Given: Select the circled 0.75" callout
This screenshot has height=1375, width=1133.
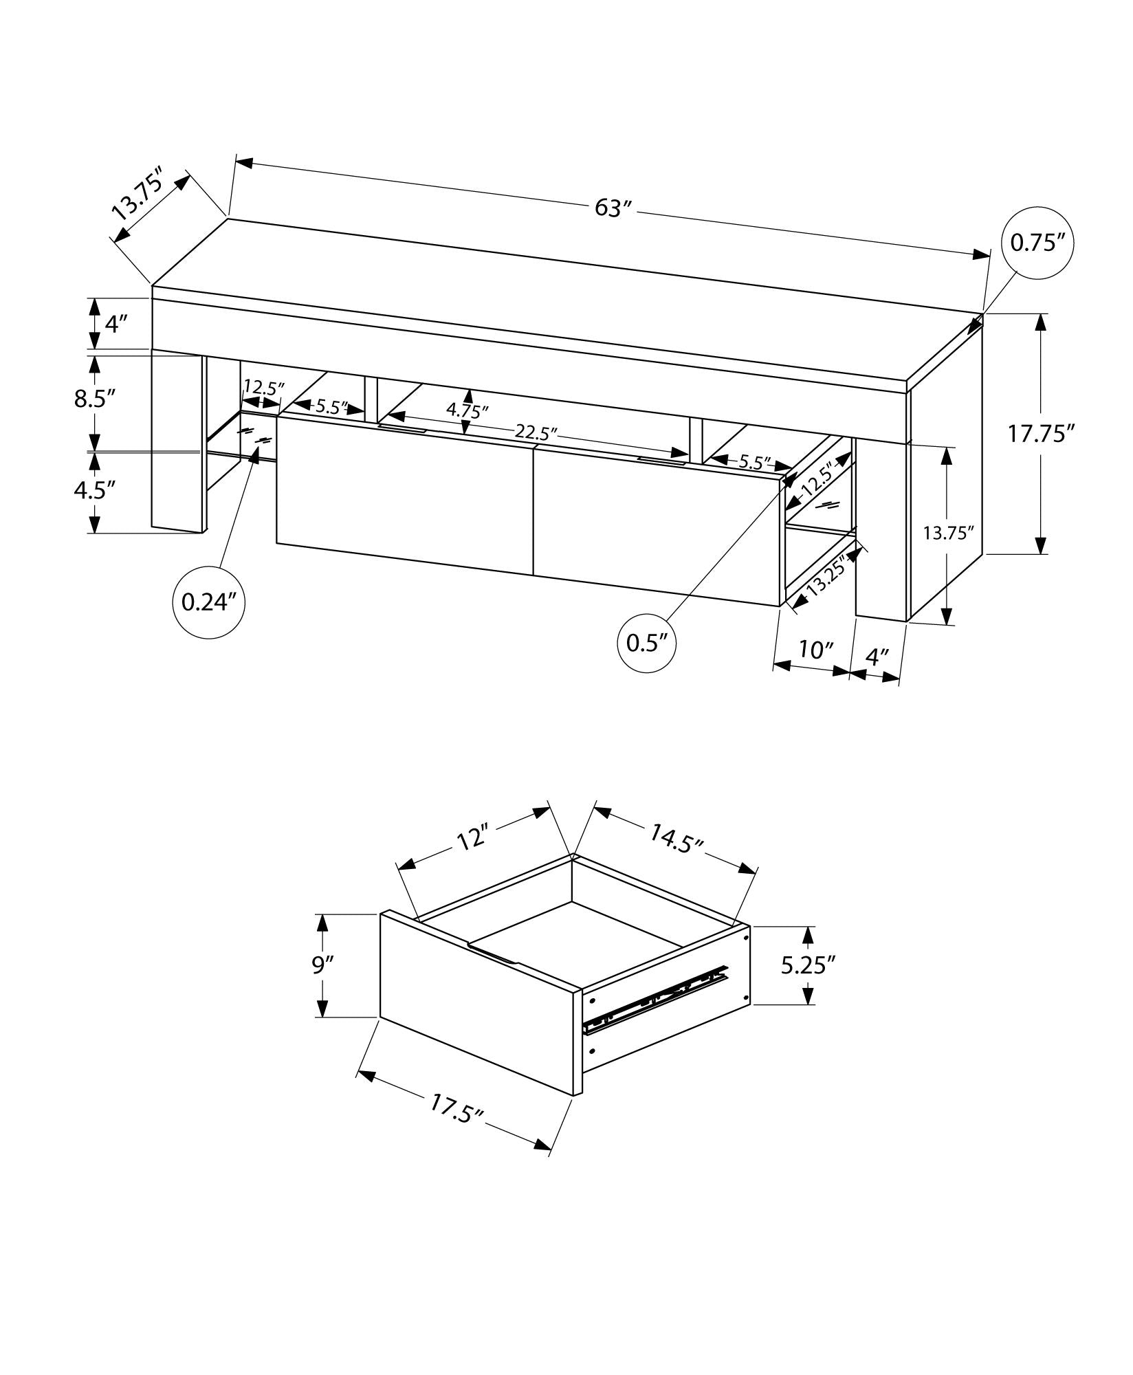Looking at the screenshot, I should click(1037, 243).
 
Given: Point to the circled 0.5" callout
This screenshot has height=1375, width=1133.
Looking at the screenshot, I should click(647, 643).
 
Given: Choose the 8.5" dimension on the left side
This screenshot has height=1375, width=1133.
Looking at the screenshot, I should click(94, 399).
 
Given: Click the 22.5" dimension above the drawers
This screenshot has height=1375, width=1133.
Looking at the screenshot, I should click(536, 433).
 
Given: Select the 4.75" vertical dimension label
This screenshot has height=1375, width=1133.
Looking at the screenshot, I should click(467, 410).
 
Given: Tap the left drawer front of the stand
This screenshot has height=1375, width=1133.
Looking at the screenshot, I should click(404, 494).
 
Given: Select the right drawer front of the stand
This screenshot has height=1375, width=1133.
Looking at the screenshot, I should click(658, 526).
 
